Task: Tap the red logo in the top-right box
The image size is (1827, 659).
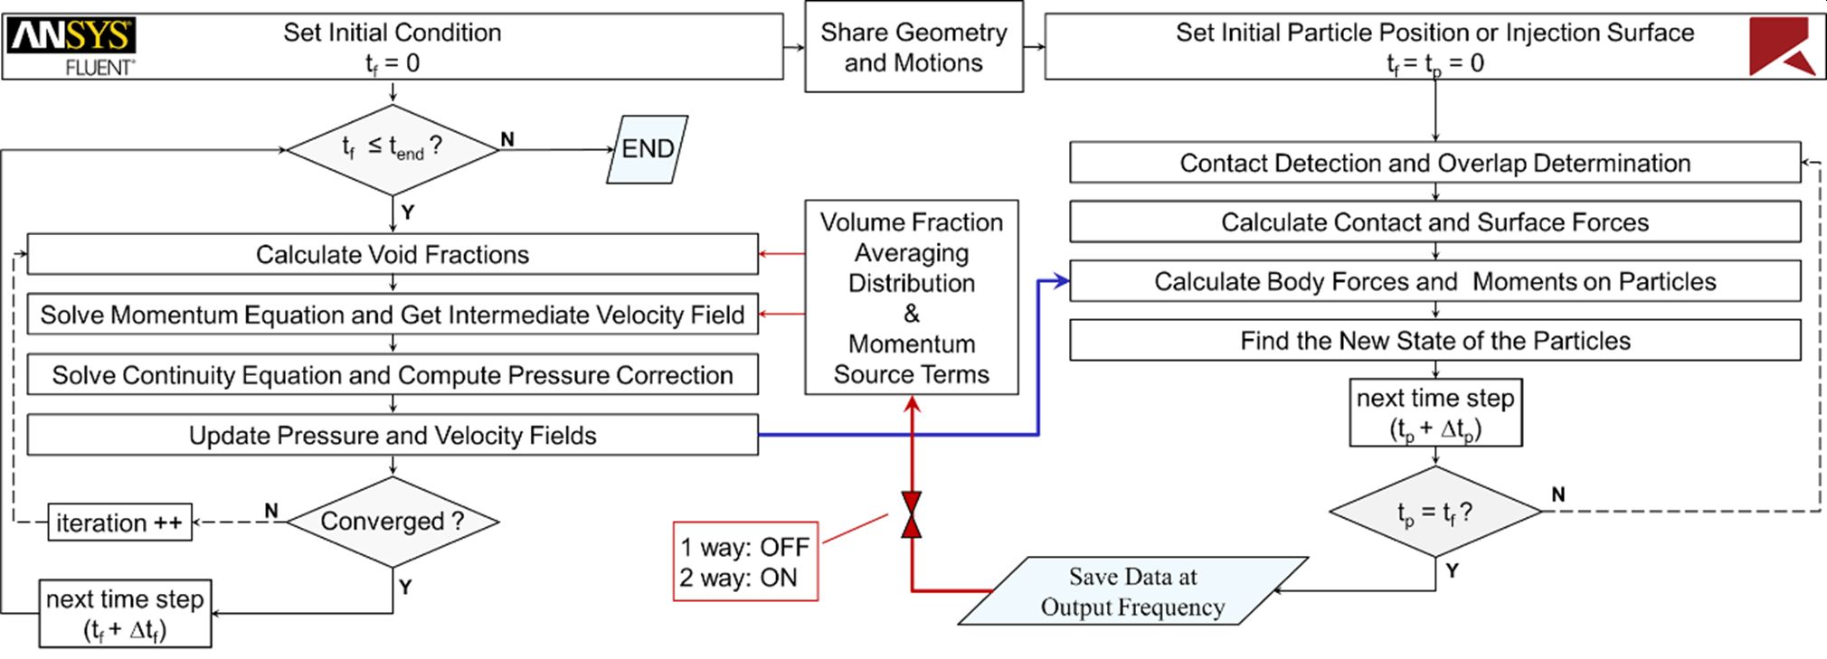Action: [1780, 46]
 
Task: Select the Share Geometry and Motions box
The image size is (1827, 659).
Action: [913, 47]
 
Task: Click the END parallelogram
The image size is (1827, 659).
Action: [648, 149]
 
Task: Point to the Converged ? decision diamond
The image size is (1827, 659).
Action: [393, 522]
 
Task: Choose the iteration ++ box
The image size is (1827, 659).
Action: [119, 522]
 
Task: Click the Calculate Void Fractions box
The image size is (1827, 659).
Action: [393, 254]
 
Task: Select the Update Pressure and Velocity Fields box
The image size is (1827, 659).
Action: [393, 435]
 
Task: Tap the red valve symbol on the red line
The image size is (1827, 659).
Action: [912, 515]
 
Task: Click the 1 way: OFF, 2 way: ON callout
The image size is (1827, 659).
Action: [745, 561]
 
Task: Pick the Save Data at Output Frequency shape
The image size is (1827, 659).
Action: [1132, 591]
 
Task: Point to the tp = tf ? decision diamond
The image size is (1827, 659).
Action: [1435, 513]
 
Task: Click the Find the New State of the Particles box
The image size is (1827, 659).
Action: [1435, 341]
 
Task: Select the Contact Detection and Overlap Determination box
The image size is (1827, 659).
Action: [1435, 163]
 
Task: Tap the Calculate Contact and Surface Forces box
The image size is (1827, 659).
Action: [1435, 222]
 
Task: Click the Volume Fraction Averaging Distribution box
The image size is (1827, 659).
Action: [912, 297]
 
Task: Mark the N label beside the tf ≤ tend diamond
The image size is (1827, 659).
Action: [507, 139]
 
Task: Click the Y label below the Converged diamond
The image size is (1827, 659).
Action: [405, 587]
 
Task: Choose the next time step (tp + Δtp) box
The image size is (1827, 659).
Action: [1435, 413]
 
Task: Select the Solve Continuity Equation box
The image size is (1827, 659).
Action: [393, 375]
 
